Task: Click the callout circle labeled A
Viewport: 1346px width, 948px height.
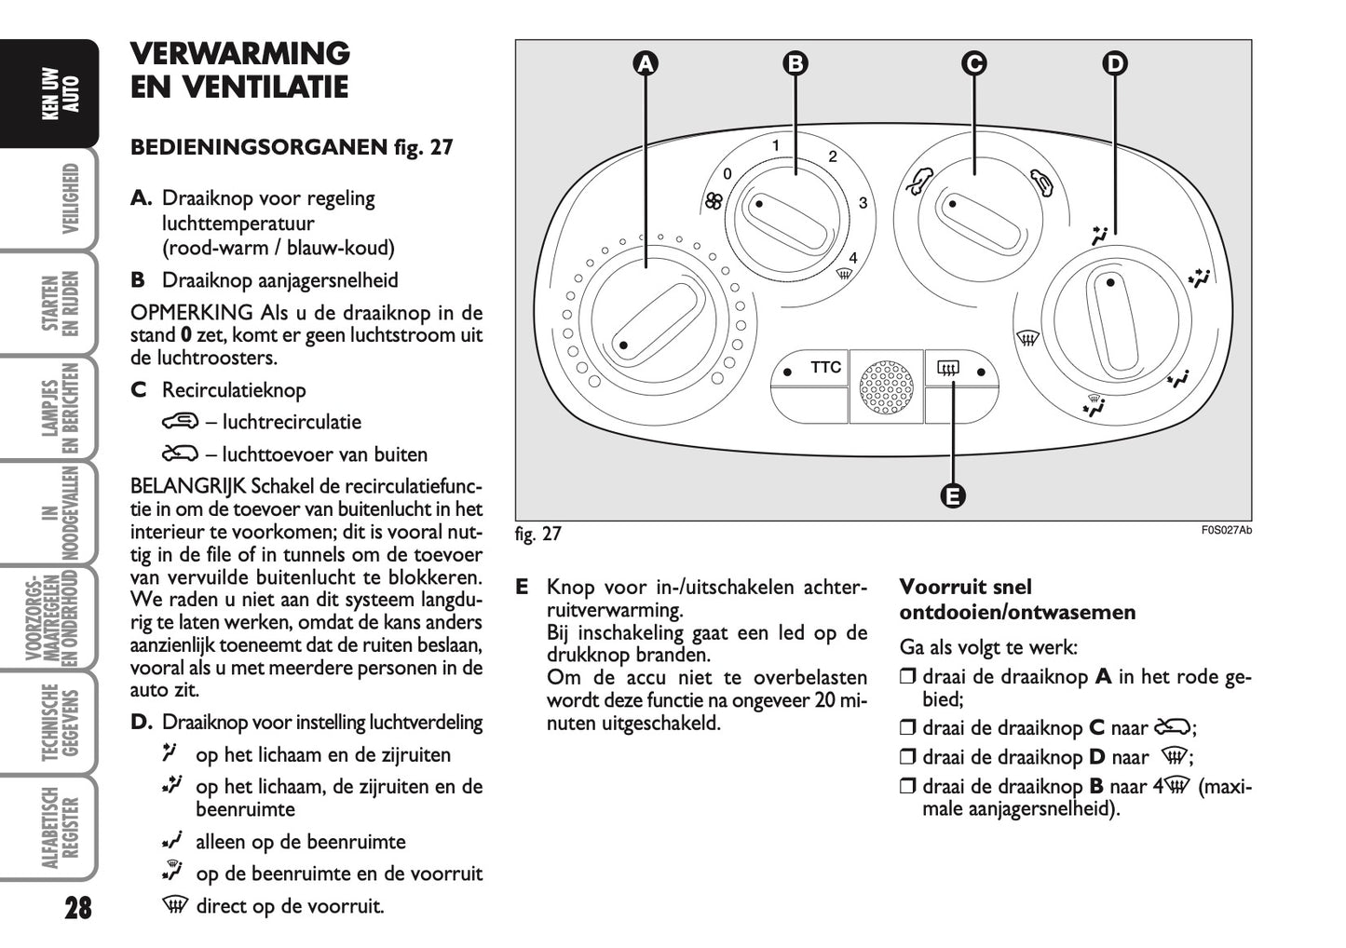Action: [x=645, y=63]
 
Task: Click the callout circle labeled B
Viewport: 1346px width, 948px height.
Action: [x=795, y=63]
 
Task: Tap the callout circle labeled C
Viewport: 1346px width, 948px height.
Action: [x=973, y=63]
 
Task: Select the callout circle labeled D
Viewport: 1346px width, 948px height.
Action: [x=1114, y=63]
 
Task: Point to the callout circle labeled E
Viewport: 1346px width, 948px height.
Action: [x=952, y=495]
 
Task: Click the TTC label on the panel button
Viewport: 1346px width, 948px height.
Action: [x=825, y=368]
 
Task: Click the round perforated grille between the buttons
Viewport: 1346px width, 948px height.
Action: [x=886, y=386]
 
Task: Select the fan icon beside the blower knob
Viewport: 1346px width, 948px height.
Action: [x=714, y=202]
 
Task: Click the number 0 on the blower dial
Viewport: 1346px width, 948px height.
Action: [x=727, y=173]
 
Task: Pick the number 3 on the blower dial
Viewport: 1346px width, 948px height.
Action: [x=863, y=203]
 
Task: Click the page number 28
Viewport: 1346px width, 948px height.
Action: [x=78, y=907]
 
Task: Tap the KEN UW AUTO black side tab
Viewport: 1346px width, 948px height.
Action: [x=61, y=93]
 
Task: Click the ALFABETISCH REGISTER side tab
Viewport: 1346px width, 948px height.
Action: [x=61, y=828]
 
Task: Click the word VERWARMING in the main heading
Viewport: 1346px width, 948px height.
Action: [x=239, y=53]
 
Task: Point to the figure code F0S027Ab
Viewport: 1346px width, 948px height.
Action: [x=1226, y=531]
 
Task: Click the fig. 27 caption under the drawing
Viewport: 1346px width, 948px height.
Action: [x=538, y=534]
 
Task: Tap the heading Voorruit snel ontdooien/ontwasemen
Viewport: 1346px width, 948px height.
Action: [x=1016, y=600]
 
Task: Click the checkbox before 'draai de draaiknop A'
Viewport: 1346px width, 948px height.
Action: [x=907, y=677]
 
